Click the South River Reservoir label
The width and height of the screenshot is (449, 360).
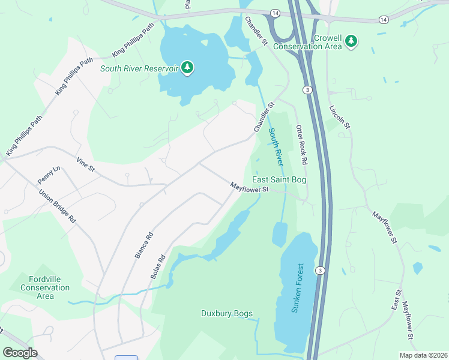pyautogui.click(x=139, y=68)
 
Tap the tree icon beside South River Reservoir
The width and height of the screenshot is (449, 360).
pyautogui.click(x=188, y=67)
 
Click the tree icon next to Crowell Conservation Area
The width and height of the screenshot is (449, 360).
pyautogui.click(x=351, y=41)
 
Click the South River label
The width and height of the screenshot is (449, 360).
pyautogui.click(x=276, y=147)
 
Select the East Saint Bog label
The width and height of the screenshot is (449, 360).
pyautogui.click(x=279, y=179)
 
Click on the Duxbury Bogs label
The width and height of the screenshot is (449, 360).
pyautogui.click(x=226, y=313)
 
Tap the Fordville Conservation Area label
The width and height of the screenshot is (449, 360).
pyautogui.click(x=49, y=287)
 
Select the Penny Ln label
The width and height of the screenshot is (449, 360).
pyautogui.click(x=49, y=176)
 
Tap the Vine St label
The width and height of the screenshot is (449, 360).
pyautogui.click(x=85, y=164)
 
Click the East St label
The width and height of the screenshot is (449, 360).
pyautogui.click(x=397, y=299)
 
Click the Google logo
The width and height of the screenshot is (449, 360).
pyautogui.click(x=20, y=353)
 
